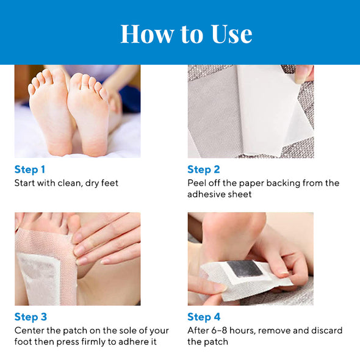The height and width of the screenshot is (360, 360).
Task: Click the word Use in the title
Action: [232, 34]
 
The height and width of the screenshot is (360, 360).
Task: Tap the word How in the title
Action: [148, 34]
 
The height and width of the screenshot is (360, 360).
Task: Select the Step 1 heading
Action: [30, 170]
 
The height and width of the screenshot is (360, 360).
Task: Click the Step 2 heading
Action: [204, 170]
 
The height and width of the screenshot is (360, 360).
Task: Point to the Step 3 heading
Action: [31, 317]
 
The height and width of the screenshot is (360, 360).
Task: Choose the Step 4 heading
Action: [204, 317]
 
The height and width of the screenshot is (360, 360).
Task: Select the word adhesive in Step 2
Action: [205, 194]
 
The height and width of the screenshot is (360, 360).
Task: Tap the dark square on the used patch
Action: [245, 268]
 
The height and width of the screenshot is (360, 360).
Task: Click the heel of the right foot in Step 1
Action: [95, 147]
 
